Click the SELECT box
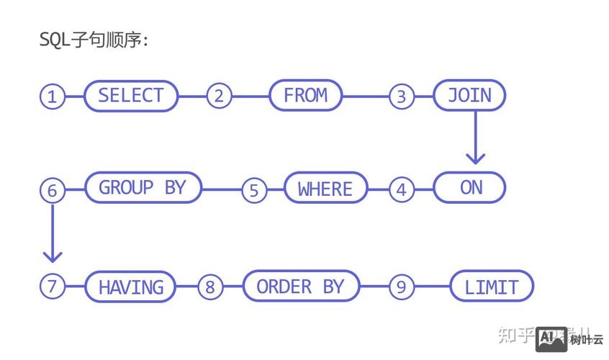click(x=130, y=96)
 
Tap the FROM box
click(x=305, y=96)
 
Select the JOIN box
click(x=469, y=96)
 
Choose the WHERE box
click(x=325, y=189)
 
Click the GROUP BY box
click(x=143, y=188)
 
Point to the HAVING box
click(x=131, y=287)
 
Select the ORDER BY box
click(x=300, y=286)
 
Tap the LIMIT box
click(x=492, y=287)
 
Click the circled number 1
click(x=52, y=96)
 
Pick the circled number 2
click(x=219, y=96)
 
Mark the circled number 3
click(x=401, y=96)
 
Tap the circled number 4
click(x=401, y=189)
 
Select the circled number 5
click(x=253, y=190)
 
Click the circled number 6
click(x=52, y=191)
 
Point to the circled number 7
click(x=52, y=287)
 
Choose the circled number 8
click(x=209, y=287)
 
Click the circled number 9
click(x=401, y=287)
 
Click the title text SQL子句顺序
click(x=94, y=40)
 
